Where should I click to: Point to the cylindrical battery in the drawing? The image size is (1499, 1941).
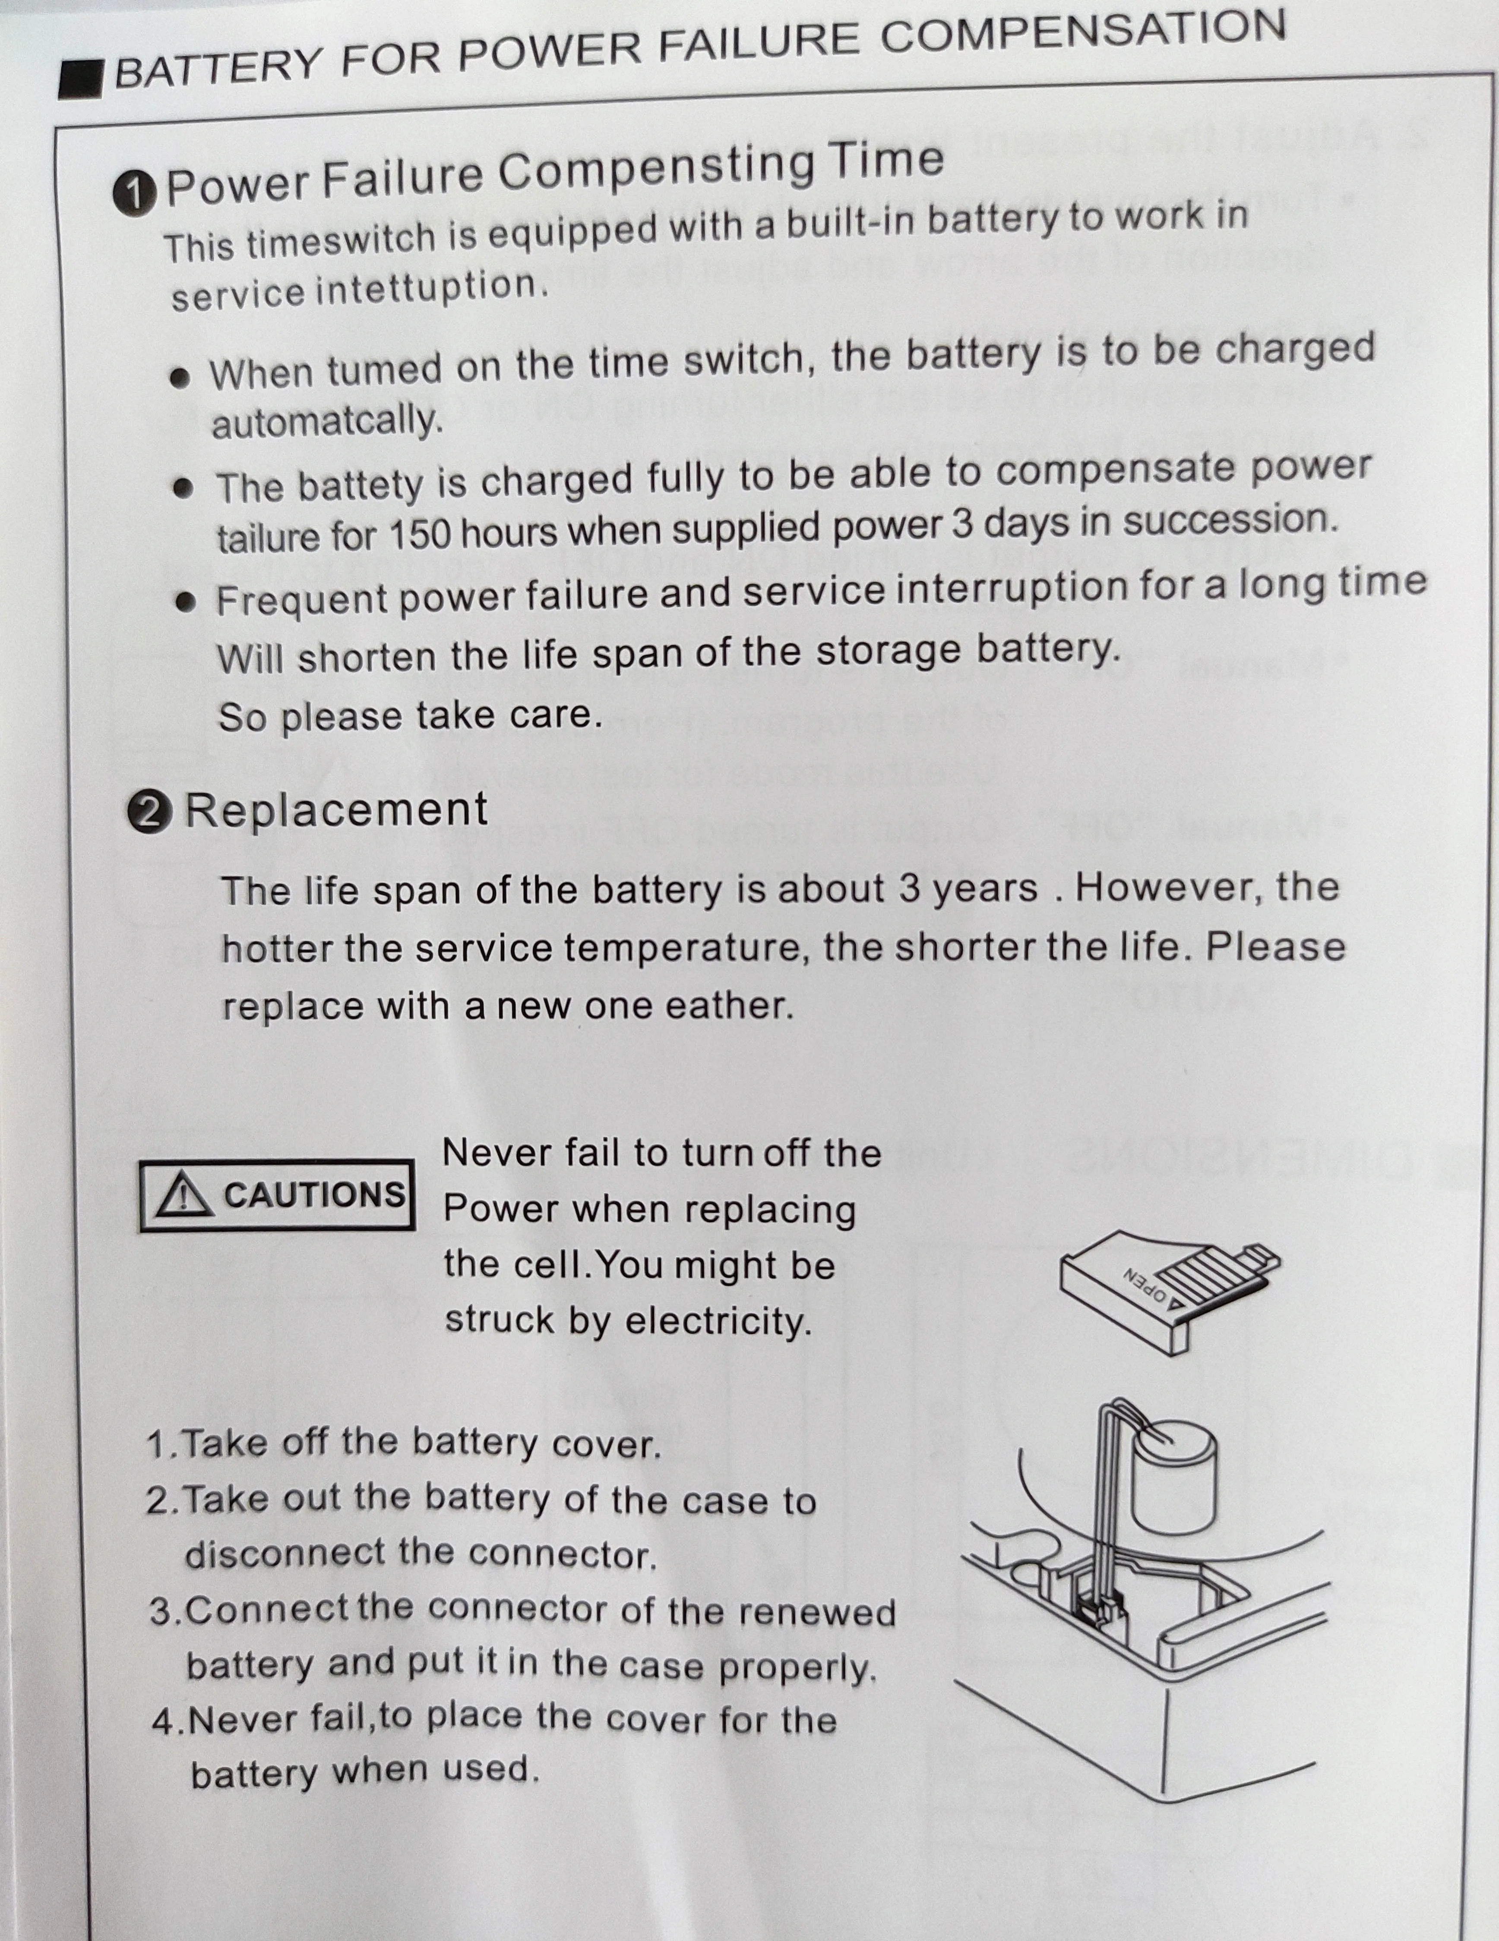(x=1173, y=1480)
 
